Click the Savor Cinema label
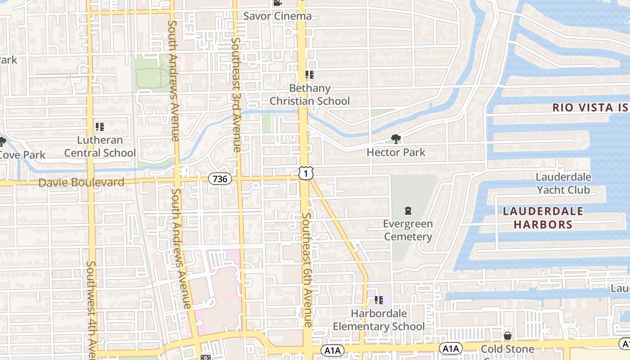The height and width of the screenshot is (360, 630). coord(277,16)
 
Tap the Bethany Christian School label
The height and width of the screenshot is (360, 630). coord(310,94)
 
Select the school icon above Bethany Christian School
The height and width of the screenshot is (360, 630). coord(309,75)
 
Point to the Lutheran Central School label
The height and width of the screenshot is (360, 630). coord(100,147)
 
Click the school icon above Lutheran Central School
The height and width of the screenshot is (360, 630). coord(100,127)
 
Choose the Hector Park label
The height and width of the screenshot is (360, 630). coord(396,153)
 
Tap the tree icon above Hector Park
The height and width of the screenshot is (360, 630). coord(396,139)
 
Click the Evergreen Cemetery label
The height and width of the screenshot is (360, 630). coord(408,230)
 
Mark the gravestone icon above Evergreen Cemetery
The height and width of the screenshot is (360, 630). coord(408,210)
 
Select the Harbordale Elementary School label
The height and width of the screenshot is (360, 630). coord(379,320)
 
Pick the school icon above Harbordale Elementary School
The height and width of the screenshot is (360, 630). coord(379,300)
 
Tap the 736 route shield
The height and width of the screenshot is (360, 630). coord(220,179)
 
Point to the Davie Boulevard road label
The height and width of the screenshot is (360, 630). coord(81,183)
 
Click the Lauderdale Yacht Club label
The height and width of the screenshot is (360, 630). coord(563,183)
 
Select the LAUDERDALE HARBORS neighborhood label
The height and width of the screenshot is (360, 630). coord(543,218)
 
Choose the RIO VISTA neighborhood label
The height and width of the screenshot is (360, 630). coord(589,108)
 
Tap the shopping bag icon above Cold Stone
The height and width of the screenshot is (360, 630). coord(508,336)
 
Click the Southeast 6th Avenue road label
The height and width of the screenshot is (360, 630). coord(307,270)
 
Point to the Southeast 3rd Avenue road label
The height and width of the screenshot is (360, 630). coord(236,94)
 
